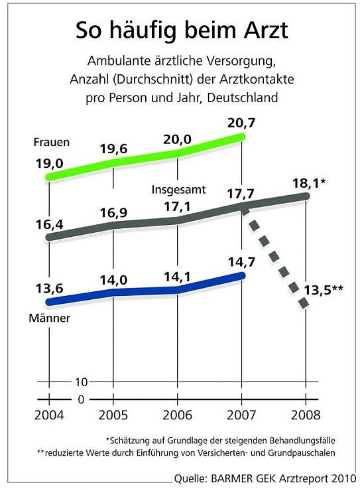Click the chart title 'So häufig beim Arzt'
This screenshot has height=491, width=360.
tap(180, 30)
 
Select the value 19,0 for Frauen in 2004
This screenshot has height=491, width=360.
tap(48, 162)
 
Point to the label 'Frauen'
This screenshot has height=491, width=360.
tap(51, 143)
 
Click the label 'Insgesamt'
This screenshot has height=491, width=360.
tap(179, 190)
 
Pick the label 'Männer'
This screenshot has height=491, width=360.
tap(50, 318)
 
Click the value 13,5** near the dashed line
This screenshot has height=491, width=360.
tap(324, 289)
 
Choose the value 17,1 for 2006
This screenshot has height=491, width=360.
tap(178, 206)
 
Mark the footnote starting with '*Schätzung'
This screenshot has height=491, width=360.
tap(220, 440)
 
